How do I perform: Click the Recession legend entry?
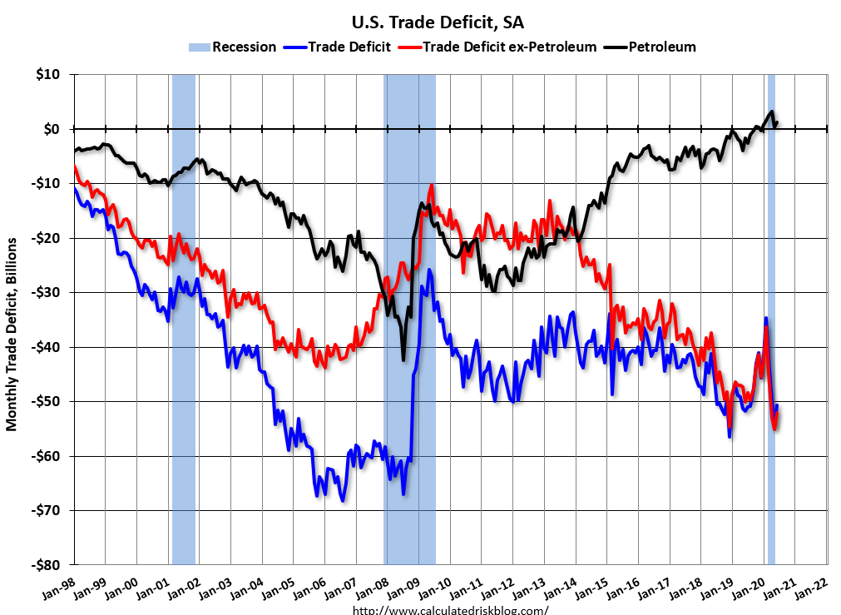pyautogui.click(x=232, y=47)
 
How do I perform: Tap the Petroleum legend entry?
pyautogui.click(x=652, y=47)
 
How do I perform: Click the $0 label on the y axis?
pyautogui.click(x=52, y=129)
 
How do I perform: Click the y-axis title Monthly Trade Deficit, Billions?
pyautogui.click(x=12, y=333)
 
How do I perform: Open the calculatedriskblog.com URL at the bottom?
pyautogui.click(x=451, y=609)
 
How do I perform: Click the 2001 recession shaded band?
pyautogui.click(x=184, y=316)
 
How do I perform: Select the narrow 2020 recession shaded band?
pyautogui.click(x=771, y=316)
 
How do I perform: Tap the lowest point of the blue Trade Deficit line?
pyautogui.click(x=342, y=500)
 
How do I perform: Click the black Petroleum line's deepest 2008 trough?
pyautogui.click(x=403, y=360)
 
